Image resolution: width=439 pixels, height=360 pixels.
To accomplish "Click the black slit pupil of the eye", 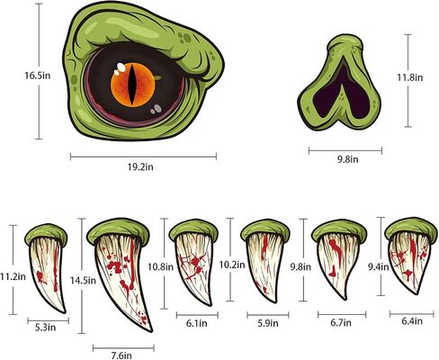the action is coord(132,85).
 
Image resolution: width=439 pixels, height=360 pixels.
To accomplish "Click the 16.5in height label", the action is coord(37,76).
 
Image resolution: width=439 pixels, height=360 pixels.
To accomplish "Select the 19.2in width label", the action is coord(140,166).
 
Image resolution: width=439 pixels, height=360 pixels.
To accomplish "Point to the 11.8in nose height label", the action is coord(410,77).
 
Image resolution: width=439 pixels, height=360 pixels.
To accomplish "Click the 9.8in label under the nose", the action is coord(348,159).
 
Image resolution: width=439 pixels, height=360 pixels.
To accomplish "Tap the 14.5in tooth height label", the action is coord(83,281).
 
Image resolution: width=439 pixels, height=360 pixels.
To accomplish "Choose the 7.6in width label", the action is coord(121,355).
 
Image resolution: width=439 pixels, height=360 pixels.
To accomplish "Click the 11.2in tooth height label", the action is coord(13,276).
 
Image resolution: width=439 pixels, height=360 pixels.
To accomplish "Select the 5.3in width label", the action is coord(46,328).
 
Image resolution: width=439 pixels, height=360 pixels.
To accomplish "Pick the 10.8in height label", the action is coord(160,266).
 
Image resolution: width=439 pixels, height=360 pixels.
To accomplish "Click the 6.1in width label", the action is coord(197,323).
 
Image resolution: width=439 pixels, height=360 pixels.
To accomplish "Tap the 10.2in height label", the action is coord(232,265).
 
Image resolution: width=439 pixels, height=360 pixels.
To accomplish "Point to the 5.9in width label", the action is coord(268,323).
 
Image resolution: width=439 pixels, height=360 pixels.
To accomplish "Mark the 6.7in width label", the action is coord(341,323).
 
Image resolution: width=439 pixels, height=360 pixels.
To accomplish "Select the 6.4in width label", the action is coord(412,321).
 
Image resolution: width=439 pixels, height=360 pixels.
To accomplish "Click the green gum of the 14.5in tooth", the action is coord(119,229).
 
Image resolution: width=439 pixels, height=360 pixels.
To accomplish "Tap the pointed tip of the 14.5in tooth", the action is coord(151,330).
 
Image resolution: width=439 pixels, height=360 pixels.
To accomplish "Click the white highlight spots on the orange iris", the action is coord(120,69).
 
